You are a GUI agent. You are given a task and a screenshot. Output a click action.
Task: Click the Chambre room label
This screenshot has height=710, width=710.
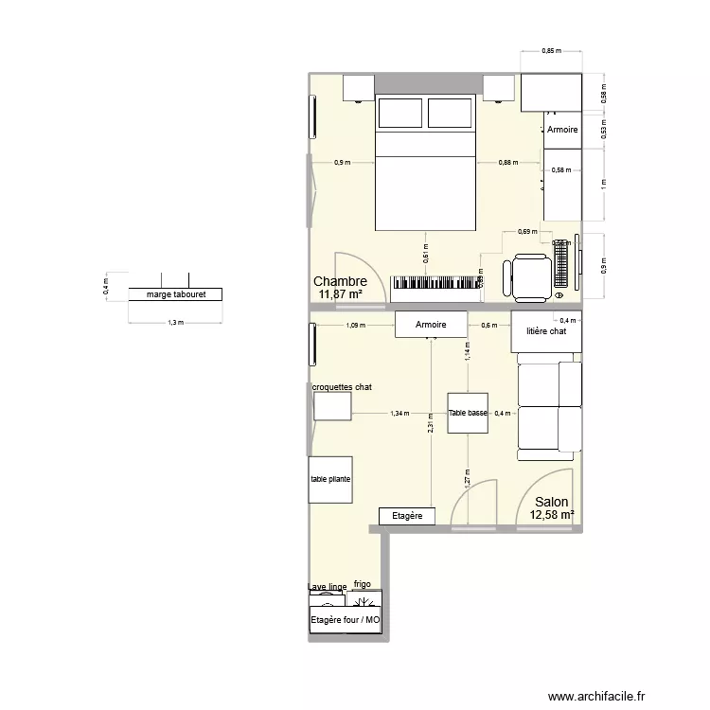tap(340, 281)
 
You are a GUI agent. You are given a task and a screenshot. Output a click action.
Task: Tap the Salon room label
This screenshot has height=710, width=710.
tap(552, 503)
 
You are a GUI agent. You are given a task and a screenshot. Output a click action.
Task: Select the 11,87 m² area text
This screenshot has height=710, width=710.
tap(341, 294)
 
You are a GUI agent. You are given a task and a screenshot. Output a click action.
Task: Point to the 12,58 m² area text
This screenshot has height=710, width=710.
tap(553, 515)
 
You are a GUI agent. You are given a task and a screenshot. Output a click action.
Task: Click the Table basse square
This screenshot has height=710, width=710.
tap(469, 413)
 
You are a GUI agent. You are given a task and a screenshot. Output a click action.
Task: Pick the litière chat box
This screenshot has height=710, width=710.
tap(546, 331)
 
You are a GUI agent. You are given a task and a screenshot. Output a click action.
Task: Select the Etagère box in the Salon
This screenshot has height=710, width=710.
tap(406, 516)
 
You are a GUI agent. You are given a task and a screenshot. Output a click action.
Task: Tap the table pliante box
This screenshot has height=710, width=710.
tap(329, 479)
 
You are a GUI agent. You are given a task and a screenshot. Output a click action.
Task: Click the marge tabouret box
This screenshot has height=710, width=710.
tap(174, 294)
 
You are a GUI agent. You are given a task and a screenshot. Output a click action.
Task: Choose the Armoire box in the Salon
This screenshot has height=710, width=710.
tap(431, 325)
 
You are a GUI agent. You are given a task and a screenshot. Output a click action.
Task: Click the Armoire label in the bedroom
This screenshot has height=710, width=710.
tap(561, 130)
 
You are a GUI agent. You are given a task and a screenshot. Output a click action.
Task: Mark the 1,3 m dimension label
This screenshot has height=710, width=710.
tap(174, 323)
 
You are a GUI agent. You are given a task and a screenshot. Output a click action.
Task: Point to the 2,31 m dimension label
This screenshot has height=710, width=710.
tap(431, 427)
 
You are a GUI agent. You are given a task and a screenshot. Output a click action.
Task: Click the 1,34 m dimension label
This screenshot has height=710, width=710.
tap(399, 414)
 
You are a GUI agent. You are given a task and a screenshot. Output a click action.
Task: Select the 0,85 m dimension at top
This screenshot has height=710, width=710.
tap(549, 51)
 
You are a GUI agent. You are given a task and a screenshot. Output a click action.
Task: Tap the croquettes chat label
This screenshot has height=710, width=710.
tap(342, 387)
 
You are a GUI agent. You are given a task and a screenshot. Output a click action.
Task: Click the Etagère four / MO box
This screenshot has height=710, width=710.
tap(345, 621)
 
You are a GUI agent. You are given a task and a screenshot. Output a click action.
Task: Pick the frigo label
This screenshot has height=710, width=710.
tap(363, 585)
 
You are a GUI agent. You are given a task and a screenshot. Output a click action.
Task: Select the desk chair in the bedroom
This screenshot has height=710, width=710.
tap(531, 275)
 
